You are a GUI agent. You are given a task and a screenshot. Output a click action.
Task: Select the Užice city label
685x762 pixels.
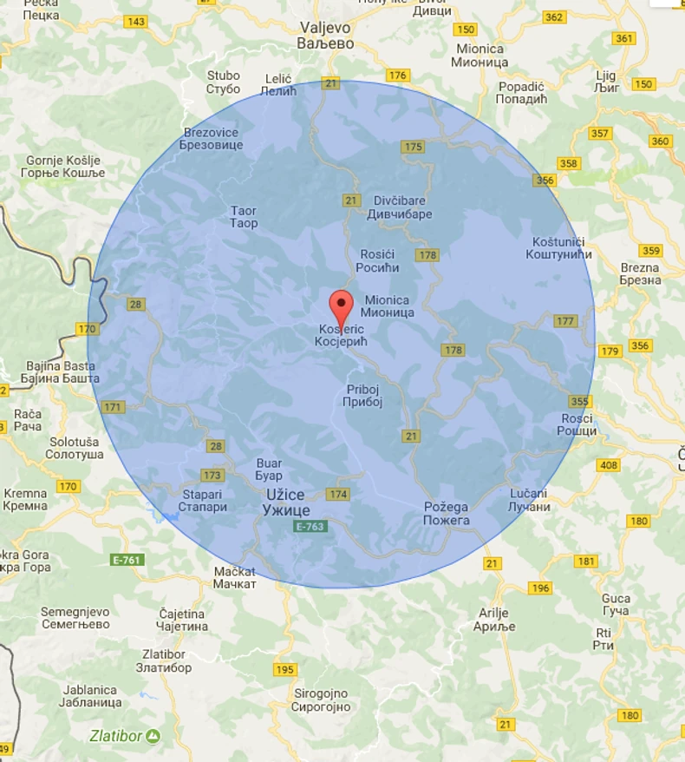[286, 502]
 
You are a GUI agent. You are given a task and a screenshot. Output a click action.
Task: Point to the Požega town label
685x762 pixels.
[447, 513]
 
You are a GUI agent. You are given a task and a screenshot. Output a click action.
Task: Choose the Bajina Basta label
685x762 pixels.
[62, 371]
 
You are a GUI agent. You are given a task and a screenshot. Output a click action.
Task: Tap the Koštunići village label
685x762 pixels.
[559, 247]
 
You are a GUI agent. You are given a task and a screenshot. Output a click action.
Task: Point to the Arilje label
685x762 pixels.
[496, 619]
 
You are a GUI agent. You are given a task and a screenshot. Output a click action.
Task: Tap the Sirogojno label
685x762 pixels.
[321, 700]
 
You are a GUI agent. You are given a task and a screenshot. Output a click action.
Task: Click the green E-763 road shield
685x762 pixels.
[310, 527]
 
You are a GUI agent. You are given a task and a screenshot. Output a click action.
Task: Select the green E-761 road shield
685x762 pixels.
[127, 560]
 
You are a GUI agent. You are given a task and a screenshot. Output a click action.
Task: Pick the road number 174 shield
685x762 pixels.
[337, 494]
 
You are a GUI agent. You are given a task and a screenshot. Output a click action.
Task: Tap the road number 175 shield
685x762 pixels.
[413, 147]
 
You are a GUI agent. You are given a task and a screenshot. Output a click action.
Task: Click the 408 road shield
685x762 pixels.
[609, 465]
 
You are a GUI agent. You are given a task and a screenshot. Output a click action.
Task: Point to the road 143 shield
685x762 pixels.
[136, 22]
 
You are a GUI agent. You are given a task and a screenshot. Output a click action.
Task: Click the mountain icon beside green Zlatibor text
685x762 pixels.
[153, 736]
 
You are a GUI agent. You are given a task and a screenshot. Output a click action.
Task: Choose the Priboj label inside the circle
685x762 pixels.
[363, 396]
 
